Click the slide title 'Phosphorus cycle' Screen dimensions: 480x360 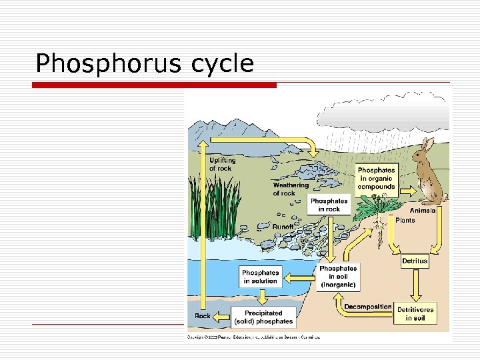pos(145,63)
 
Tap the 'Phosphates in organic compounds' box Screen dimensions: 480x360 pos(376,179)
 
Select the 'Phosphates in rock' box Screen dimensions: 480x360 pos(329,205)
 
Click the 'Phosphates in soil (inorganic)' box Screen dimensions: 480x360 pos(338,276)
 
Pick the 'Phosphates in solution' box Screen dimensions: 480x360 pos(260,277)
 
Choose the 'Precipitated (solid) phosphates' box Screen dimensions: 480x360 pos(263,317)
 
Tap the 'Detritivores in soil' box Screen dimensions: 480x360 pos(415,314)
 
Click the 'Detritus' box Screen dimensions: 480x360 pos(415,261)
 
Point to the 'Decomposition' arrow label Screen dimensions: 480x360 pos(367,307)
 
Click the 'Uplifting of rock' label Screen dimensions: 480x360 pos(222,164)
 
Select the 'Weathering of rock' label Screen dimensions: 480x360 pos(291,189)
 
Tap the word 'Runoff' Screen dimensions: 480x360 pos(283,227)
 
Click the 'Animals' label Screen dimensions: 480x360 pos(423,210)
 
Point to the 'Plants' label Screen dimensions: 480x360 pos(405,220)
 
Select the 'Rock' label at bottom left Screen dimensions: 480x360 pos(203,316)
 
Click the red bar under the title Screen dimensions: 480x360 pos(155,85)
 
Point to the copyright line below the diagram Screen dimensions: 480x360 pos(253,337)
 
